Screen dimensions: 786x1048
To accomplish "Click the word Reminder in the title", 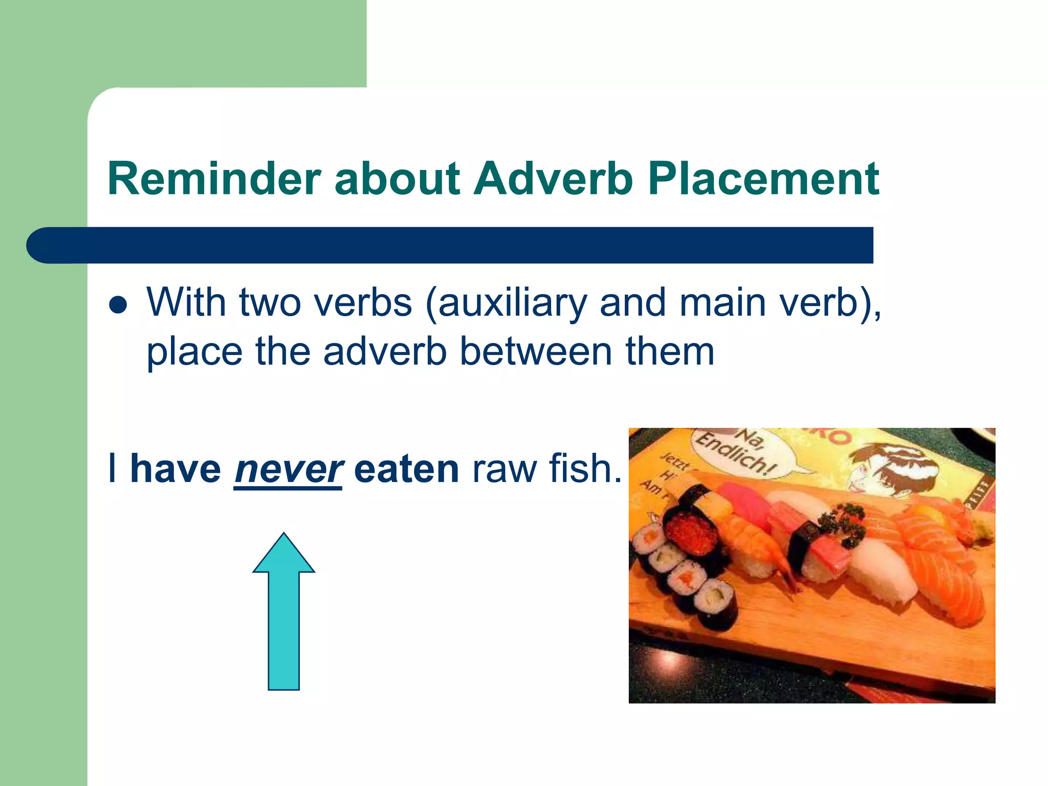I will point(214,179).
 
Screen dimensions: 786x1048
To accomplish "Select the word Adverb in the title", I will point(553,179).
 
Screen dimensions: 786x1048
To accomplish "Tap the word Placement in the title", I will point(763,179).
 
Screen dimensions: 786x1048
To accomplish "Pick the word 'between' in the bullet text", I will point(536,352).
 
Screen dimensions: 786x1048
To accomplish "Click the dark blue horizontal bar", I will point(450,245).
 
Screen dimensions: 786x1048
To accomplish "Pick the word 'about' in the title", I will point(397,179).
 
